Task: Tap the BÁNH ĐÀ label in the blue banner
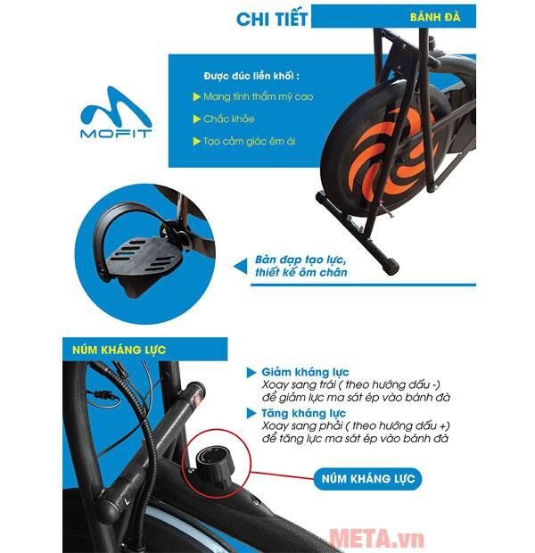pos(434,16)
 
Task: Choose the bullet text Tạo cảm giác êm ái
pos(242,141)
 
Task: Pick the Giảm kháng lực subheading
pos(306,371)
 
